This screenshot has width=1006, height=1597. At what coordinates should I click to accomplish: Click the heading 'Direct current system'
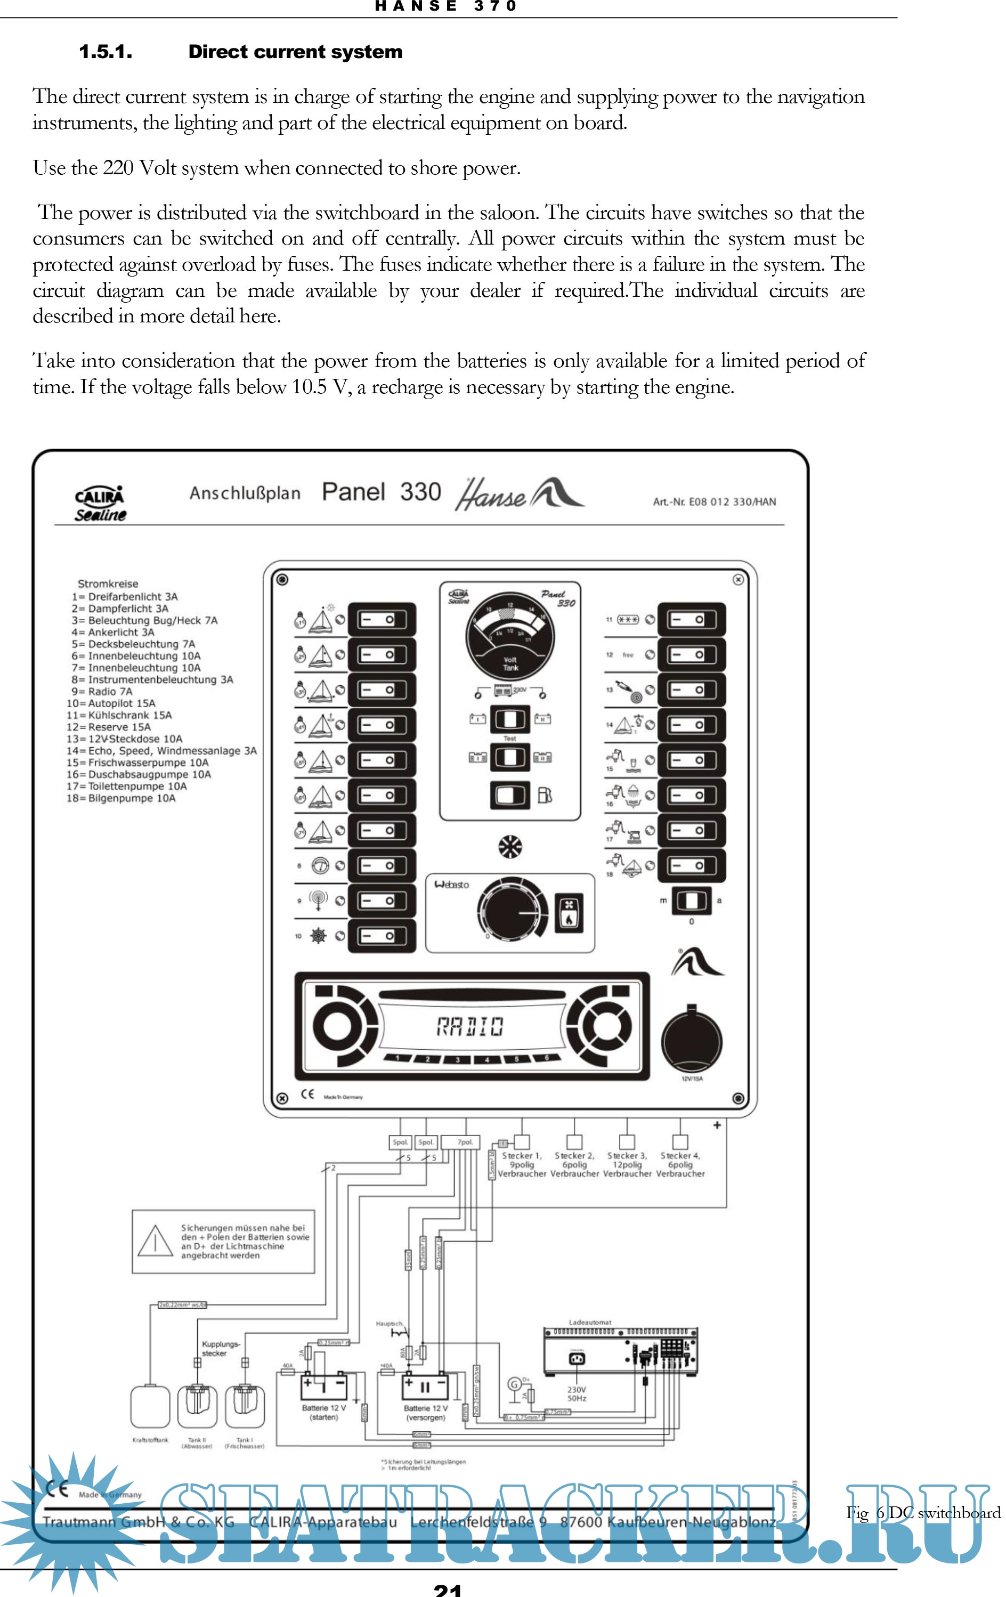click(x=295, y=52)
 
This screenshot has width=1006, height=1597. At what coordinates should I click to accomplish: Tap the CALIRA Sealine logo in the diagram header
click(x=100, y=504)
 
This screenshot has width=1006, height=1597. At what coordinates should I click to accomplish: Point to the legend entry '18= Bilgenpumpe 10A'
click(x=121, y=798)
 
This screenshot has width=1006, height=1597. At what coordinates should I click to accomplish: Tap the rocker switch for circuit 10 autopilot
click(x=382, y=936)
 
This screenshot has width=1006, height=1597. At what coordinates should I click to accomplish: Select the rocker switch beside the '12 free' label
click(x=691, y=654)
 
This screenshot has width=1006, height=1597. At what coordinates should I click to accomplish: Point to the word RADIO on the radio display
click(x=469, y=1027)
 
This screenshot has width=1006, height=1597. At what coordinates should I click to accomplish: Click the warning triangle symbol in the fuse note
click(x=155, y=1242)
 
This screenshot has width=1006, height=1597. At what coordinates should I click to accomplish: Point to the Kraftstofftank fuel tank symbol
click(x=151, y=1406)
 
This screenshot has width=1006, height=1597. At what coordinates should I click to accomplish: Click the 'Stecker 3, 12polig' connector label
click(x=627, y=1165)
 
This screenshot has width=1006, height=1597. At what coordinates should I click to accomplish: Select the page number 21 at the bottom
click(x=448, y=1589)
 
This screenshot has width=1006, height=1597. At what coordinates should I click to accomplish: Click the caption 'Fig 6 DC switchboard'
click(x=922, y=1512)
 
